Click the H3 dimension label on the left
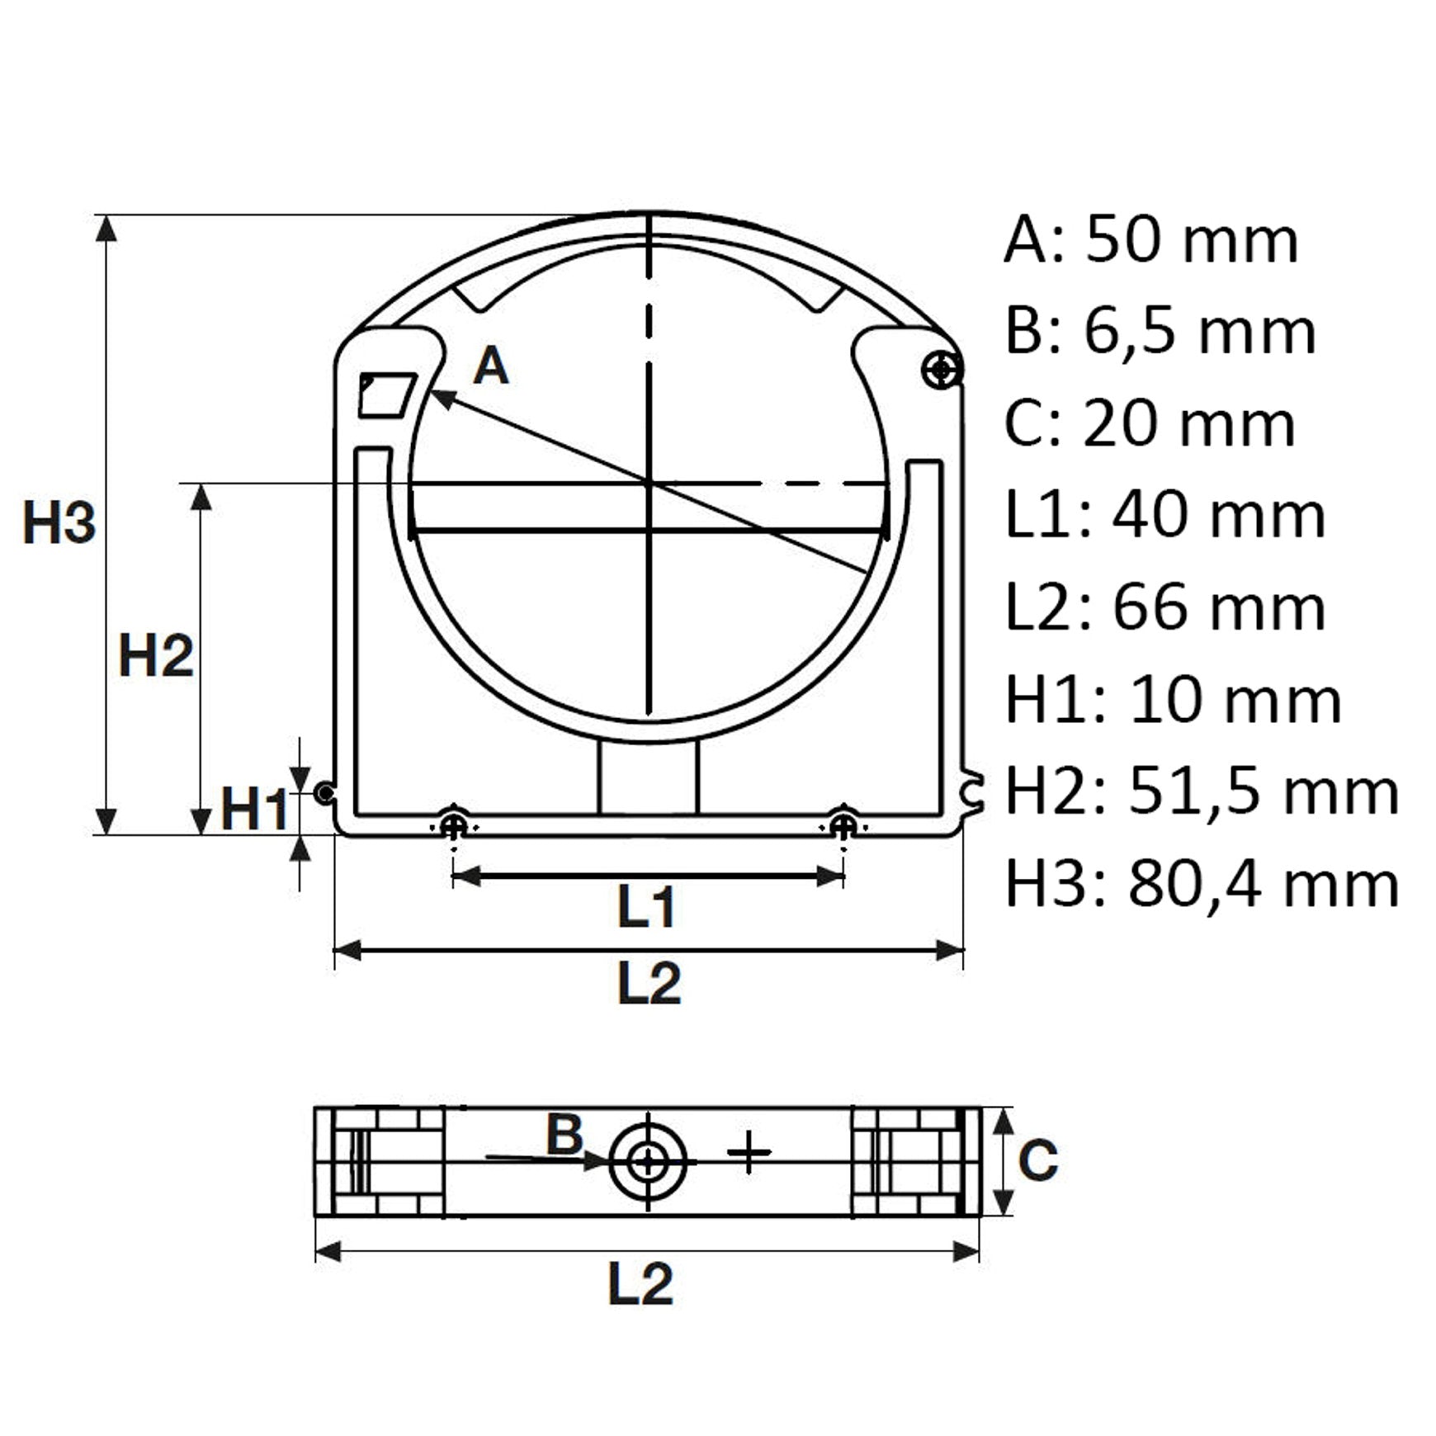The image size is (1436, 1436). point(59,522)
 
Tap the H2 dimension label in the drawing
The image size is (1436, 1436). point(156,657)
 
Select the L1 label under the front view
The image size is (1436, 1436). point(647,907)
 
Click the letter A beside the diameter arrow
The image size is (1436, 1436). point(491,366)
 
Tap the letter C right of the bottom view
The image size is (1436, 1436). point(1037,1160)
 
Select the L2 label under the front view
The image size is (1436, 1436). point(650,982)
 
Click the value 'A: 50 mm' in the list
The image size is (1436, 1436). point(1151,239)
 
